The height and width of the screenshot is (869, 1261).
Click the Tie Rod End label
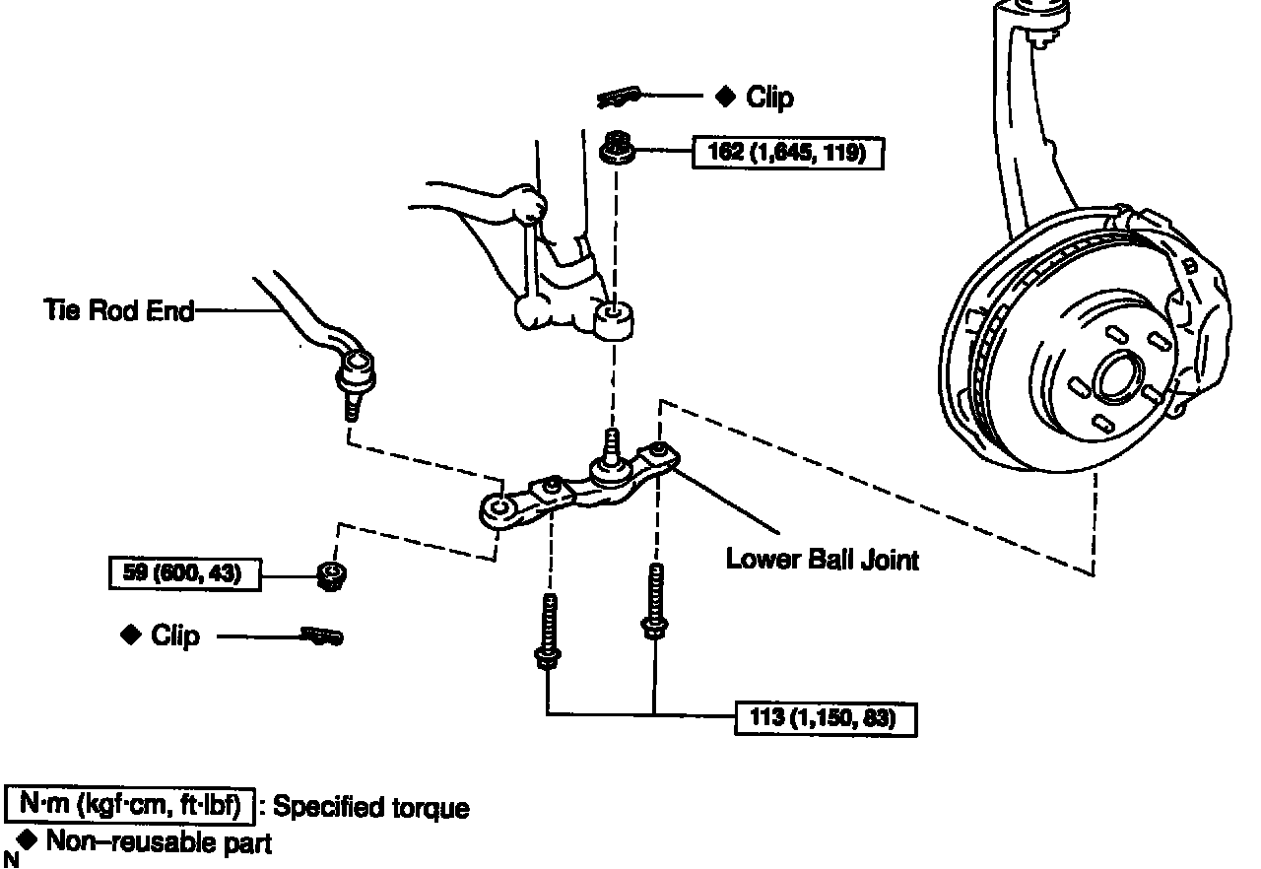(x=118, y=309)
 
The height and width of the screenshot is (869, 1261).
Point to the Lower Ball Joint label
(x=822, y=560)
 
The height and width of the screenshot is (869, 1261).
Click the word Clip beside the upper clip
(x=769, y=97)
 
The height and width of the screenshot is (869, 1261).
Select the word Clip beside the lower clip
(x=175, y=635)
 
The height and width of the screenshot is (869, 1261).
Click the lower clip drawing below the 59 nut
(x=322, y=636)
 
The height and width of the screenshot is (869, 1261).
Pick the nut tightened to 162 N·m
(x=618, y=149)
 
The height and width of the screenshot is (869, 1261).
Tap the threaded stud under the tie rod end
(x=352, y=405)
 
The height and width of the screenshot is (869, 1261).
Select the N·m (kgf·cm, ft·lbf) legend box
(x=130, y=805)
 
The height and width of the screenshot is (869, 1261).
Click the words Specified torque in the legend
(x=370, y=807)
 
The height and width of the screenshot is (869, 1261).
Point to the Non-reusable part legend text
(x=159, y=842)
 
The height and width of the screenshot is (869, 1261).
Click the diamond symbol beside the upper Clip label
(x=725, y=96)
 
